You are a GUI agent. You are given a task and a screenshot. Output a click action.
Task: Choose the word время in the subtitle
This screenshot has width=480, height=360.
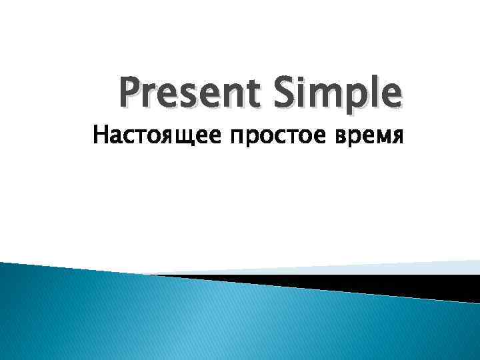[371, 137]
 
